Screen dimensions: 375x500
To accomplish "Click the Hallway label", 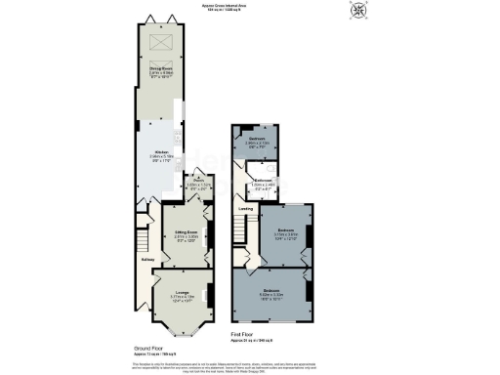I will [x=147, y=259].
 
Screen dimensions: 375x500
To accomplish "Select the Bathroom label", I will [x=263, y=181].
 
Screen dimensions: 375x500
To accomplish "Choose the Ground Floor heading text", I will [x=148, y=347].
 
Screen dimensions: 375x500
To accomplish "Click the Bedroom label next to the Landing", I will [x=285, y=231].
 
